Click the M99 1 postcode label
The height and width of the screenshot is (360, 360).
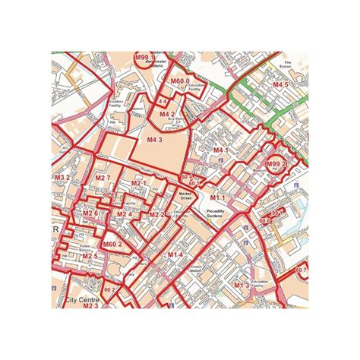[144, 57]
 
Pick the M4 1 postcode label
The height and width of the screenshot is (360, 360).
[220, 150]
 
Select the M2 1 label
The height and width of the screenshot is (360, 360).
[138, 183]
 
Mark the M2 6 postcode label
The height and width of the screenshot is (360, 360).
[91, 213]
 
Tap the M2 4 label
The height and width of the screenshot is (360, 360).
[125, 214]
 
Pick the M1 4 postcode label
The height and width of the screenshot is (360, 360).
[175, 254]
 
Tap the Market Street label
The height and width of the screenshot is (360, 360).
[182, 197]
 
